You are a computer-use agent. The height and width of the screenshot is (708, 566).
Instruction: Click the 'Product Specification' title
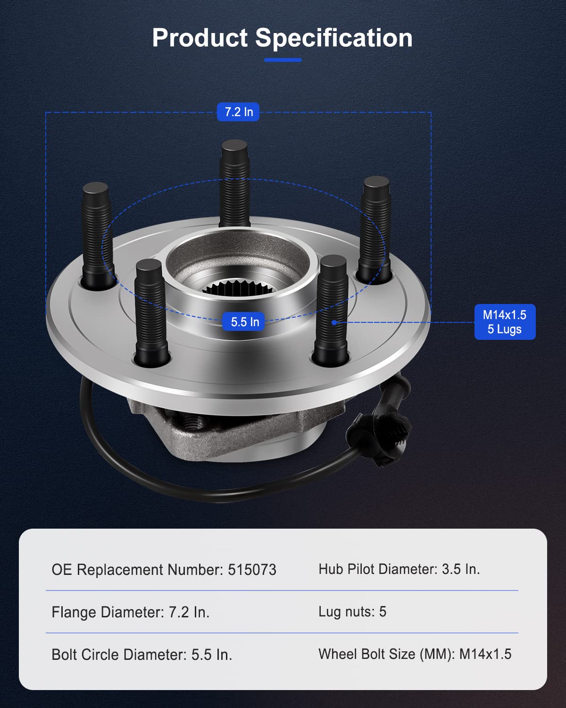click(282, 38)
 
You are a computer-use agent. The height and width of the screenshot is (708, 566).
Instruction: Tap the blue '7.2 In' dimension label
click(238, 112)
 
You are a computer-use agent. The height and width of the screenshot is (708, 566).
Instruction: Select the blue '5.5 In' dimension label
click(245, 322)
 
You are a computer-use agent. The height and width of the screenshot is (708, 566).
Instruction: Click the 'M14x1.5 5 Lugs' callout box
click(505, 322)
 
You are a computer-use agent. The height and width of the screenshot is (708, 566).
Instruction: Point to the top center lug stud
click(235, 184)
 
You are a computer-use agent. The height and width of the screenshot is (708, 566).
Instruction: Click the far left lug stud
click(98, 234)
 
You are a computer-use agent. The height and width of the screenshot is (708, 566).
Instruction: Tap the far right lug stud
click(375, 227)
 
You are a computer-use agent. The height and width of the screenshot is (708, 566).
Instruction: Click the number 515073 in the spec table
click(252, 570)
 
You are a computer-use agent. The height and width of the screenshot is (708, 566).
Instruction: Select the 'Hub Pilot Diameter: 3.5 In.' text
click(399, 569)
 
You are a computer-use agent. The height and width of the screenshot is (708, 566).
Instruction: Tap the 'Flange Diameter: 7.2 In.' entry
click(131, 612)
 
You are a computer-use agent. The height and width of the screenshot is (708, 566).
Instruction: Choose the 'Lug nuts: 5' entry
click(352, 612)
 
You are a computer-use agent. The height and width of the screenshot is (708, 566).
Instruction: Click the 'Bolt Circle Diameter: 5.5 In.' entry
click(142, 655)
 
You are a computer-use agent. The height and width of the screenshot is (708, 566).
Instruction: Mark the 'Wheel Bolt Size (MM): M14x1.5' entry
click(415, 654)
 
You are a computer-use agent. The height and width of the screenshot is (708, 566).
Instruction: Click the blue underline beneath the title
click(283, 60)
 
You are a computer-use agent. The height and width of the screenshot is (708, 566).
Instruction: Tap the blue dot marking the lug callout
click(334, 322)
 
